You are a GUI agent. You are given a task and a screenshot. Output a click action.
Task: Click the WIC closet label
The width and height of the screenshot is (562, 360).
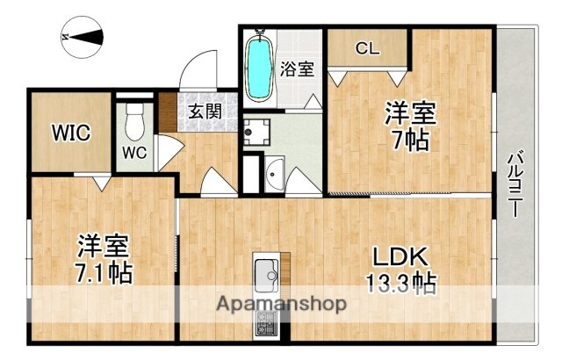tap(70, 133)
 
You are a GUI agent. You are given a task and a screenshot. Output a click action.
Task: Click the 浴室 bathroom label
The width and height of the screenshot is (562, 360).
tap(297, 69)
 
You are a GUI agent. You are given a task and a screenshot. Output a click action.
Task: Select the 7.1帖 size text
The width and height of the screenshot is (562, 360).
tap(103, 273)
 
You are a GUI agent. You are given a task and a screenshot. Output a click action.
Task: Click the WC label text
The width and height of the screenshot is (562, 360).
tap(134, 152)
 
